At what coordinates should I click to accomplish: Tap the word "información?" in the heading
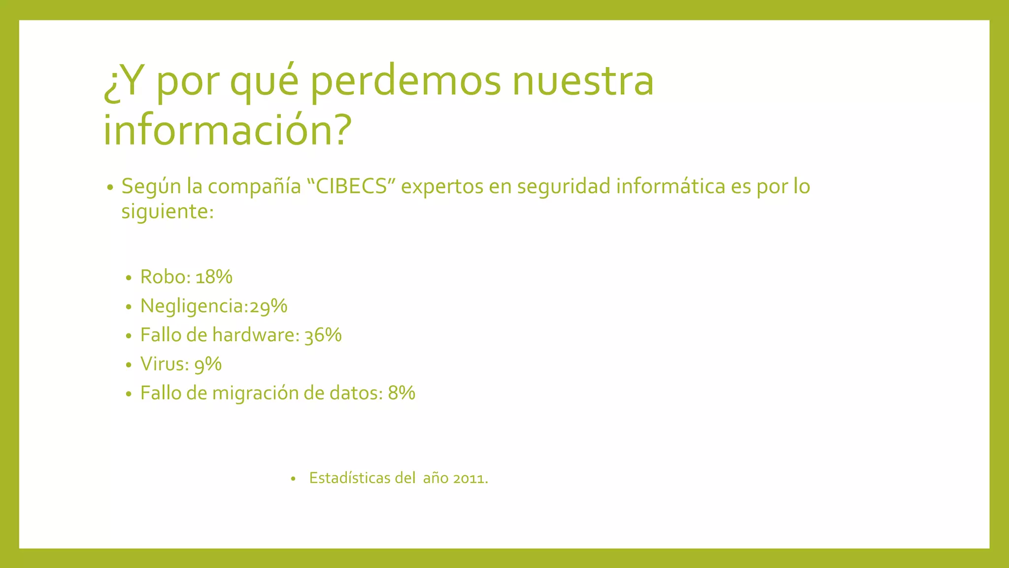[x=227, y=129]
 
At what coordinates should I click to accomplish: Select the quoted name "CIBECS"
[x=351, y=186]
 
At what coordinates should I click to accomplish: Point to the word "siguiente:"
[x=168, y=212]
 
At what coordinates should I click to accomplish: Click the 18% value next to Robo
[x=214, y=277]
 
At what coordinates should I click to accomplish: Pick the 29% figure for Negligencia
[x=269, y=306]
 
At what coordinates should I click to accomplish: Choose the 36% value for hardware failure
[x=323, y=335]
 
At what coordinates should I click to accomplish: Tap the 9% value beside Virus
[x=208, y=364]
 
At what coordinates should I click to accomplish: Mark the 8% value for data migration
[x=402, y=393]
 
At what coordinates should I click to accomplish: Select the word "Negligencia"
[x=193, y=306]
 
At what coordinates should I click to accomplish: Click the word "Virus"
[x=162, y=364]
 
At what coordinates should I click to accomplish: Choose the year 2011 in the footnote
[x=470, y=478]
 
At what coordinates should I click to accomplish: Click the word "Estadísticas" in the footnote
[x=349, y=478]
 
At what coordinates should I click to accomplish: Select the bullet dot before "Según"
[x=110, y=188]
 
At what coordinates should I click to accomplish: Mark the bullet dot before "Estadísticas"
[x=293, y=478]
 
